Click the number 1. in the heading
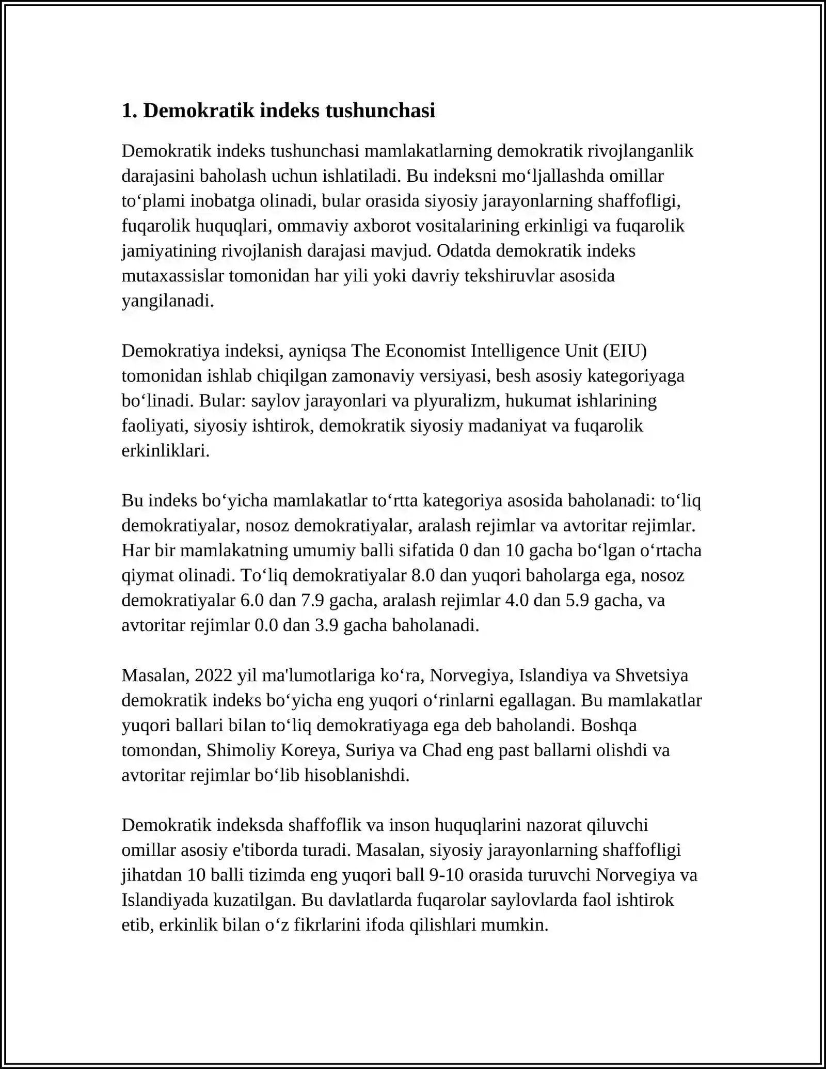[x=130, y=111]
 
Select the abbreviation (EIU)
[x=625, y=351]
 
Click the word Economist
[x=425, y=351]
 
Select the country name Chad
[x=442, y=750]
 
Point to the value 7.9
[x=312, y=601]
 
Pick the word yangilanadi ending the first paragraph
[x=167, y=301]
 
